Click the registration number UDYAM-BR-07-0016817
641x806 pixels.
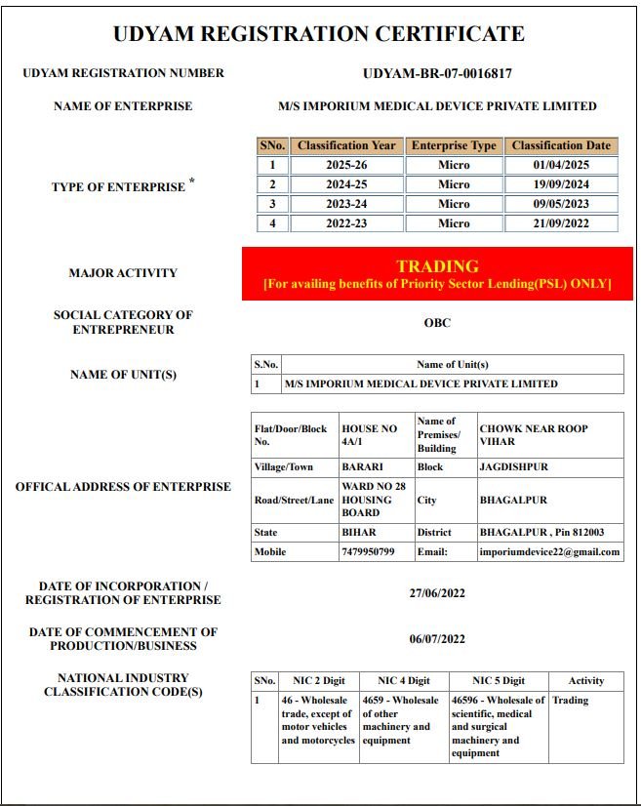click(x=437, y=73)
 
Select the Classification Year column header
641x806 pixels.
click(x=346, y=145)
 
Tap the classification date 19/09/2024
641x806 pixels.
click(x=561, y=184)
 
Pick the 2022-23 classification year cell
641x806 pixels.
click(x=346, y=223)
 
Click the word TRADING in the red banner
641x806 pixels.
click(x=437, y=266)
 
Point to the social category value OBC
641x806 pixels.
click(x=437, y=323)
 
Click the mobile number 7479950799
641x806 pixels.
click(x=367, y=552)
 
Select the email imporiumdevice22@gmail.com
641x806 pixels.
click(x=549, y=552)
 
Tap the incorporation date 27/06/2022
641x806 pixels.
click(x=437, y=593)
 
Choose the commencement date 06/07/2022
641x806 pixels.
click(x=437, y=639)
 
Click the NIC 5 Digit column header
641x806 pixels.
click(x=498, y=681)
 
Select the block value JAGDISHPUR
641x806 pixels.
click(x=513, y=467)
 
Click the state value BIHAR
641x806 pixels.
click(x=358, y=533)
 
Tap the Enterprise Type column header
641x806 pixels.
click(x=454, y=145)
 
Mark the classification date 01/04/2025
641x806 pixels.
click(x=561, y=165)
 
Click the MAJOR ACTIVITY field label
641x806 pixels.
click(x=123, y=273)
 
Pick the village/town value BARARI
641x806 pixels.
click(x=362, y=467)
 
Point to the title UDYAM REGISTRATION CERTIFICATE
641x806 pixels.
click(x=319, y=34)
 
